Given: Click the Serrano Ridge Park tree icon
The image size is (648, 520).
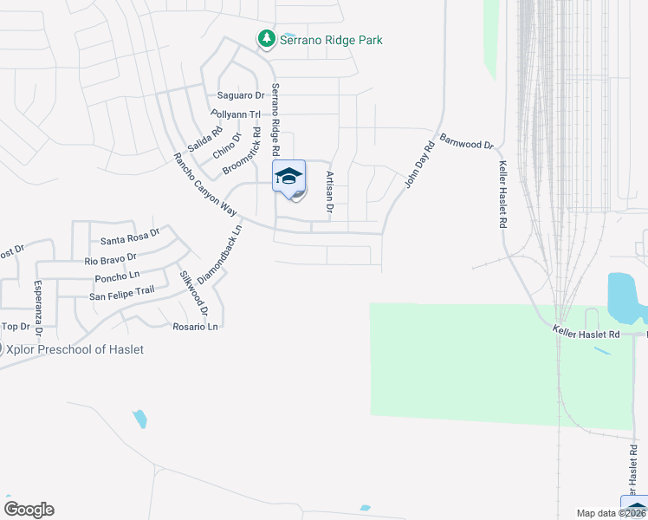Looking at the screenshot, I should (266, 39).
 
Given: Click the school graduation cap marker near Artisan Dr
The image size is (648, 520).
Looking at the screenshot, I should (289, 177).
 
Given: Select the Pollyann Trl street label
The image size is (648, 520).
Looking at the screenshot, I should (236, 114).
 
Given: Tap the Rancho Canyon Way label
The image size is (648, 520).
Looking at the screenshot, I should (204, 185).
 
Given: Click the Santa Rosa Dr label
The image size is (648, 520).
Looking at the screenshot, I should (131, 237).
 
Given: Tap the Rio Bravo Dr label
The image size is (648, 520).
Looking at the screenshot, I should (111, 258).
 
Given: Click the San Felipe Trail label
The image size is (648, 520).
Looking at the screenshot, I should (122, 296).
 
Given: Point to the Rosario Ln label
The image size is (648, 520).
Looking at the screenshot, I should (195, 327).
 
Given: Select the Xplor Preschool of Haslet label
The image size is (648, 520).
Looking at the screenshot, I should (75, 349).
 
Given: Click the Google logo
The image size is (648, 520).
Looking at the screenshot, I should (29, 510).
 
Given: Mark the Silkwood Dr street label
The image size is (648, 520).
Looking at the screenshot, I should (194, 293).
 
